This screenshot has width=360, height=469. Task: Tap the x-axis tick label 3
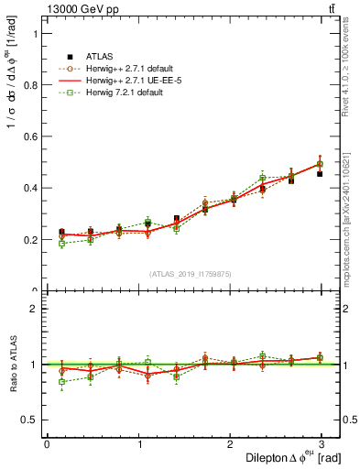click(x=322, y=443)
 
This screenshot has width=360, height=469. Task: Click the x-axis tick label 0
click(x=47, y=443)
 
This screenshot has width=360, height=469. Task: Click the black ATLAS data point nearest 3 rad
click(x=320, y=173)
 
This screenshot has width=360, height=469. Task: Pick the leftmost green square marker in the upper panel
click(x=61, y=244)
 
